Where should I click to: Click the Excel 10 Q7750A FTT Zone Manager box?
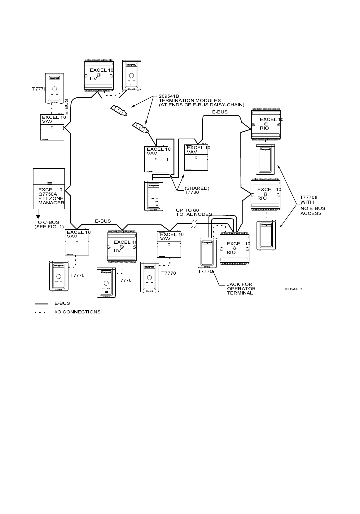[49, 189]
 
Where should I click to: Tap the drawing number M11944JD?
[293, 289]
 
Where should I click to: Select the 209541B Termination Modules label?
[201, 100]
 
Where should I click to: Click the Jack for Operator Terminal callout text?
[241, 289]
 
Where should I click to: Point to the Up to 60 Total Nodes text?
[194, 212]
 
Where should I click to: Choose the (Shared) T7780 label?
[197, 190]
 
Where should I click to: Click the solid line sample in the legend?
[41, 304]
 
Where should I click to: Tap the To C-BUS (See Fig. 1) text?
[49, 224]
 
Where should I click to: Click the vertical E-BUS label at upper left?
[66, 106]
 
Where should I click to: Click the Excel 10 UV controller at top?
[99, 75]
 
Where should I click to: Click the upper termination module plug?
[118, 111]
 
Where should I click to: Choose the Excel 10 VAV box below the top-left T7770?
[52, 127]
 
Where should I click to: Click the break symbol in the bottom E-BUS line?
[194, 224]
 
